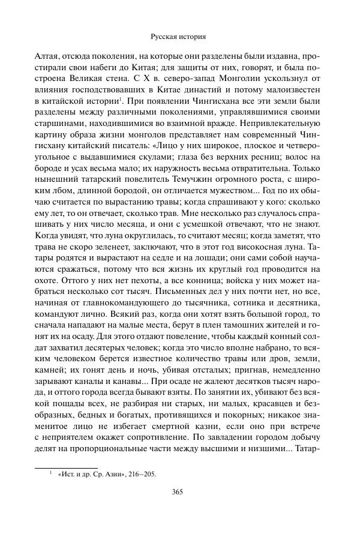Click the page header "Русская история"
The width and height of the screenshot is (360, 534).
180,36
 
